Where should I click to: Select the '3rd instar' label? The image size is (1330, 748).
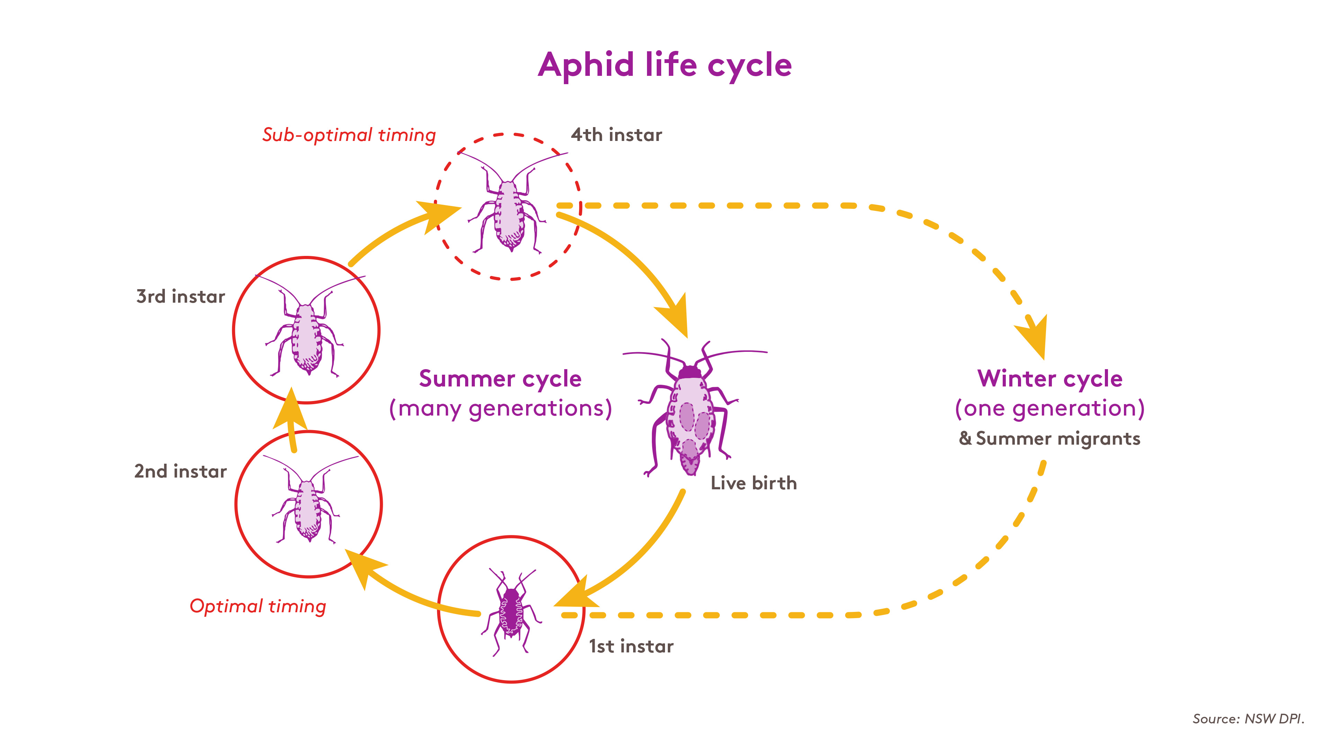click(x=181, y=296)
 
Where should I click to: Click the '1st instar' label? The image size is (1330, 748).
click(x=631, y=646)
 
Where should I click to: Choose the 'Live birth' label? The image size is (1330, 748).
click(x=754, y=483)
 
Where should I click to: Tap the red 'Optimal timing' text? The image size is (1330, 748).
click(x=258, y=607)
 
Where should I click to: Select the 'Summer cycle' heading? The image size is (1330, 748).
click(x=500, y=379)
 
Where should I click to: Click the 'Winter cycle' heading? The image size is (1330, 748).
click(x=1050, y=379)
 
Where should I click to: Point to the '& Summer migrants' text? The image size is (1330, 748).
click(x=1050, y=438)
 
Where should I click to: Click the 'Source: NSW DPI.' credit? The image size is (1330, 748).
click(x=1248, y=719)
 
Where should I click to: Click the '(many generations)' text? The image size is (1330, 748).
click(x=500, y=408)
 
